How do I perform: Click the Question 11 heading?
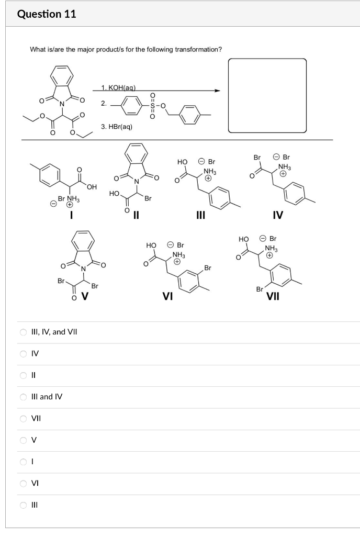pos(47,14)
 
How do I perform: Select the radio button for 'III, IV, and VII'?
pos(23,332)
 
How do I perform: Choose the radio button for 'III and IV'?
pos(23,397)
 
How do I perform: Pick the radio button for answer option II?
pos(23,375)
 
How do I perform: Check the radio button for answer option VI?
pos(23,484)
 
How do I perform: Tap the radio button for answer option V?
pos(23,440)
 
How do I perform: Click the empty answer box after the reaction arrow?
pos(267,95)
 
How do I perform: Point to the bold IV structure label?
pos(278,214)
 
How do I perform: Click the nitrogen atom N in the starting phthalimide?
pos(62,103)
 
